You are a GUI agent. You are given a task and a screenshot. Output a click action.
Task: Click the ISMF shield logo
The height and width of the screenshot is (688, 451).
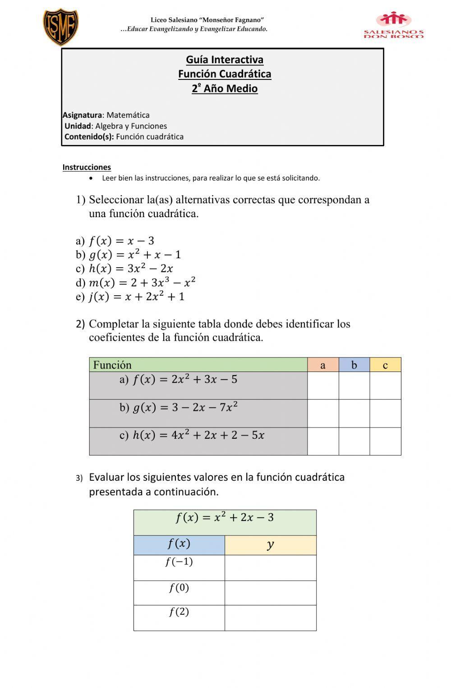click(60, 27)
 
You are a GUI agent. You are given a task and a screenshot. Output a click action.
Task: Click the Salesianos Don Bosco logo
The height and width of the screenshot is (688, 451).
click(394, 25)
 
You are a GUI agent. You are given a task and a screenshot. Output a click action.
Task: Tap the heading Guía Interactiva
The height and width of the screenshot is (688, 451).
click(225, 60)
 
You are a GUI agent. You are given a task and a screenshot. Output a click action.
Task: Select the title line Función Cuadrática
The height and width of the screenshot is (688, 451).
click(225, 74)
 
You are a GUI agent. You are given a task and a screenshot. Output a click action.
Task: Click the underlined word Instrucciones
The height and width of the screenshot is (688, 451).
click(87, 167)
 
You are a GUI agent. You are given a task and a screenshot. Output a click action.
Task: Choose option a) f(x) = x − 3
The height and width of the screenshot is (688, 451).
click(115, 241)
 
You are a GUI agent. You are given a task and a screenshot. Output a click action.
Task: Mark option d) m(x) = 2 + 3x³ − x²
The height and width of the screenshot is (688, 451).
click(136, 283)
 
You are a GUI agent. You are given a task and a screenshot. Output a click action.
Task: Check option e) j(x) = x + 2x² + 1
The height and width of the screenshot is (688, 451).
click(130, 297)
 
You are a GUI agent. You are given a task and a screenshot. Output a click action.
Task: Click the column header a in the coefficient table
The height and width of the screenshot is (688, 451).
click(323, 365)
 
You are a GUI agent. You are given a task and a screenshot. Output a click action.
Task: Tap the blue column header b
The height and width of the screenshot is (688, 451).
click(354, 365)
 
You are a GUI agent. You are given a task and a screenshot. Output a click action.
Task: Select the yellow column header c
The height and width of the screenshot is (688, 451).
click(385, 365)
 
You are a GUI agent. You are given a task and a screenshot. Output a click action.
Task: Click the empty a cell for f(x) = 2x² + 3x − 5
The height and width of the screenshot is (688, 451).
click(323, 386)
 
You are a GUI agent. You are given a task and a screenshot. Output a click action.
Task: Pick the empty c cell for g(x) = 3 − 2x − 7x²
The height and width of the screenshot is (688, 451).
click(385, 413)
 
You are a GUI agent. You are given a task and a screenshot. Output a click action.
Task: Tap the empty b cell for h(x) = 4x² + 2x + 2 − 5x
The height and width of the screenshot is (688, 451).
click(354, 441)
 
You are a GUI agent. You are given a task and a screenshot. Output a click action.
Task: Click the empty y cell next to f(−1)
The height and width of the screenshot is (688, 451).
click(270, 567)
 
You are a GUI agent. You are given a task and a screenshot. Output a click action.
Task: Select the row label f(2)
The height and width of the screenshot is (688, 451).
click(179, 612)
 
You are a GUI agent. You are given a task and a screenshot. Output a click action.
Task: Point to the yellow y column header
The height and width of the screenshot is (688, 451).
click(270, 545)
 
